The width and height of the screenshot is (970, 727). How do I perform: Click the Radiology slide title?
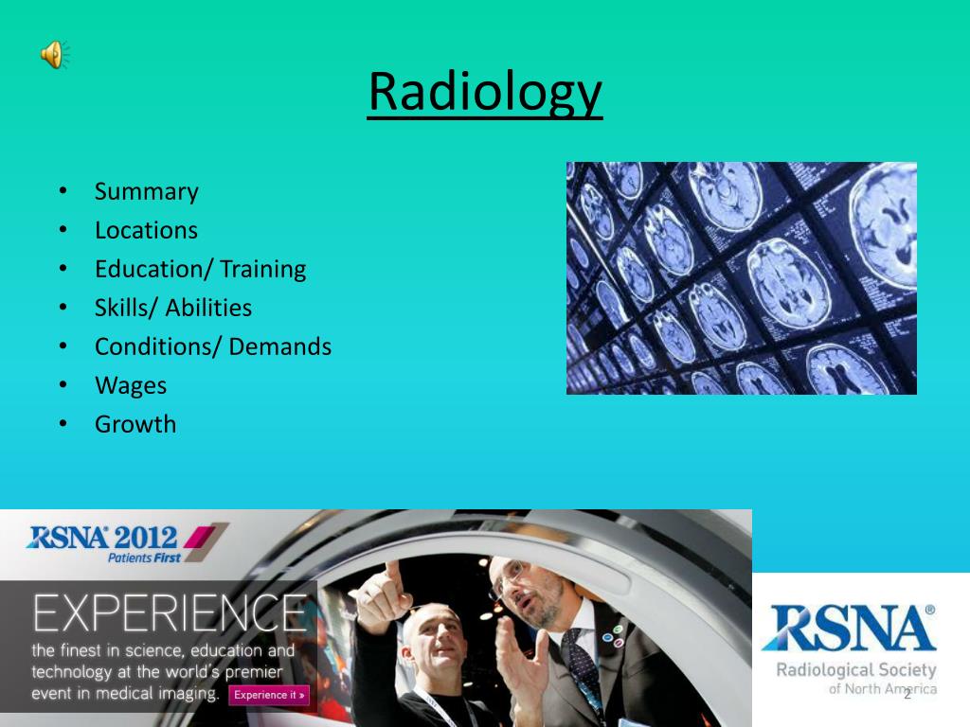click(484, 93)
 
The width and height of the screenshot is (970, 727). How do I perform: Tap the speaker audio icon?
click(53, 55)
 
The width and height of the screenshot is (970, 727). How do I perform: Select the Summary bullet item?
click(146, 191)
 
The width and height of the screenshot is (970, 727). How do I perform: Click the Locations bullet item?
click(146, 230)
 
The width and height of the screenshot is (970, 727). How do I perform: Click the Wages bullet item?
click(130, 385)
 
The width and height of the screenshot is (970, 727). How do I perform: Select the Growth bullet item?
click(135, 424)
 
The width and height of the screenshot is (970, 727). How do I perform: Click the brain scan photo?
click(741, 277)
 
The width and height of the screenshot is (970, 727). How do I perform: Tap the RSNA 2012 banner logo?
click(104, 538)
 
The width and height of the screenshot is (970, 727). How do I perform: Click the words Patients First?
click(144, 559)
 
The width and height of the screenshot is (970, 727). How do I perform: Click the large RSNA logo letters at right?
click(848, 630)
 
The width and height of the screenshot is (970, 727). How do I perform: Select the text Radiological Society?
click(856, 671)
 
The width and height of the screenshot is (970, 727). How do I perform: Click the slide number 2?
click(907, 695)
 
